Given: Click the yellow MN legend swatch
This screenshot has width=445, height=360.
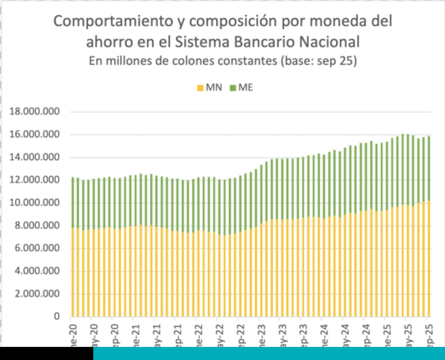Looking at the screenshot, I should tap(200, 88).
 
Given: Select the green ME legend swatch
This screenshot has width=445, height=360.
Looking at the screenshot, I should tap(233, 88).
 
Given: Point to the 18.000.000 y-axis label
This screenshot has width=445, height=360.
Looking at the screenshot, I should tap(34, 112).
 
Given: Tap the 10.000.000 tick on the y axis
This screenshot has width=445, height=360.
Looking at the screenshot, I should tap(34, 203).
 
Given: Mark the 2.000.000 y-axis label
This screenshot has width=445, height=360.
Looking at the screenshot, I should tap(37, 294).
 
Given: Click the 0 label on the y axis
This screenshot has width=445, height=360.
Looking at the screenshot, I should tap(57, 317).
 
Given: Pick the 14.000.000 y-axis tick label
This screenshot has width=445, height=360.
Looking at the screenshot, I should tap(34, 157).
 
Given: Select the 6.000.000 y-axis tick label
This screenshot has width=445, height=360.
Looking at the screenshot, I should tap(37, 248).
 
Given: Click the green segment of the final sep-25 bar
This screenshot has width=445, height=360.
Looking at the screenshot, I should tap(428, 169).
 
